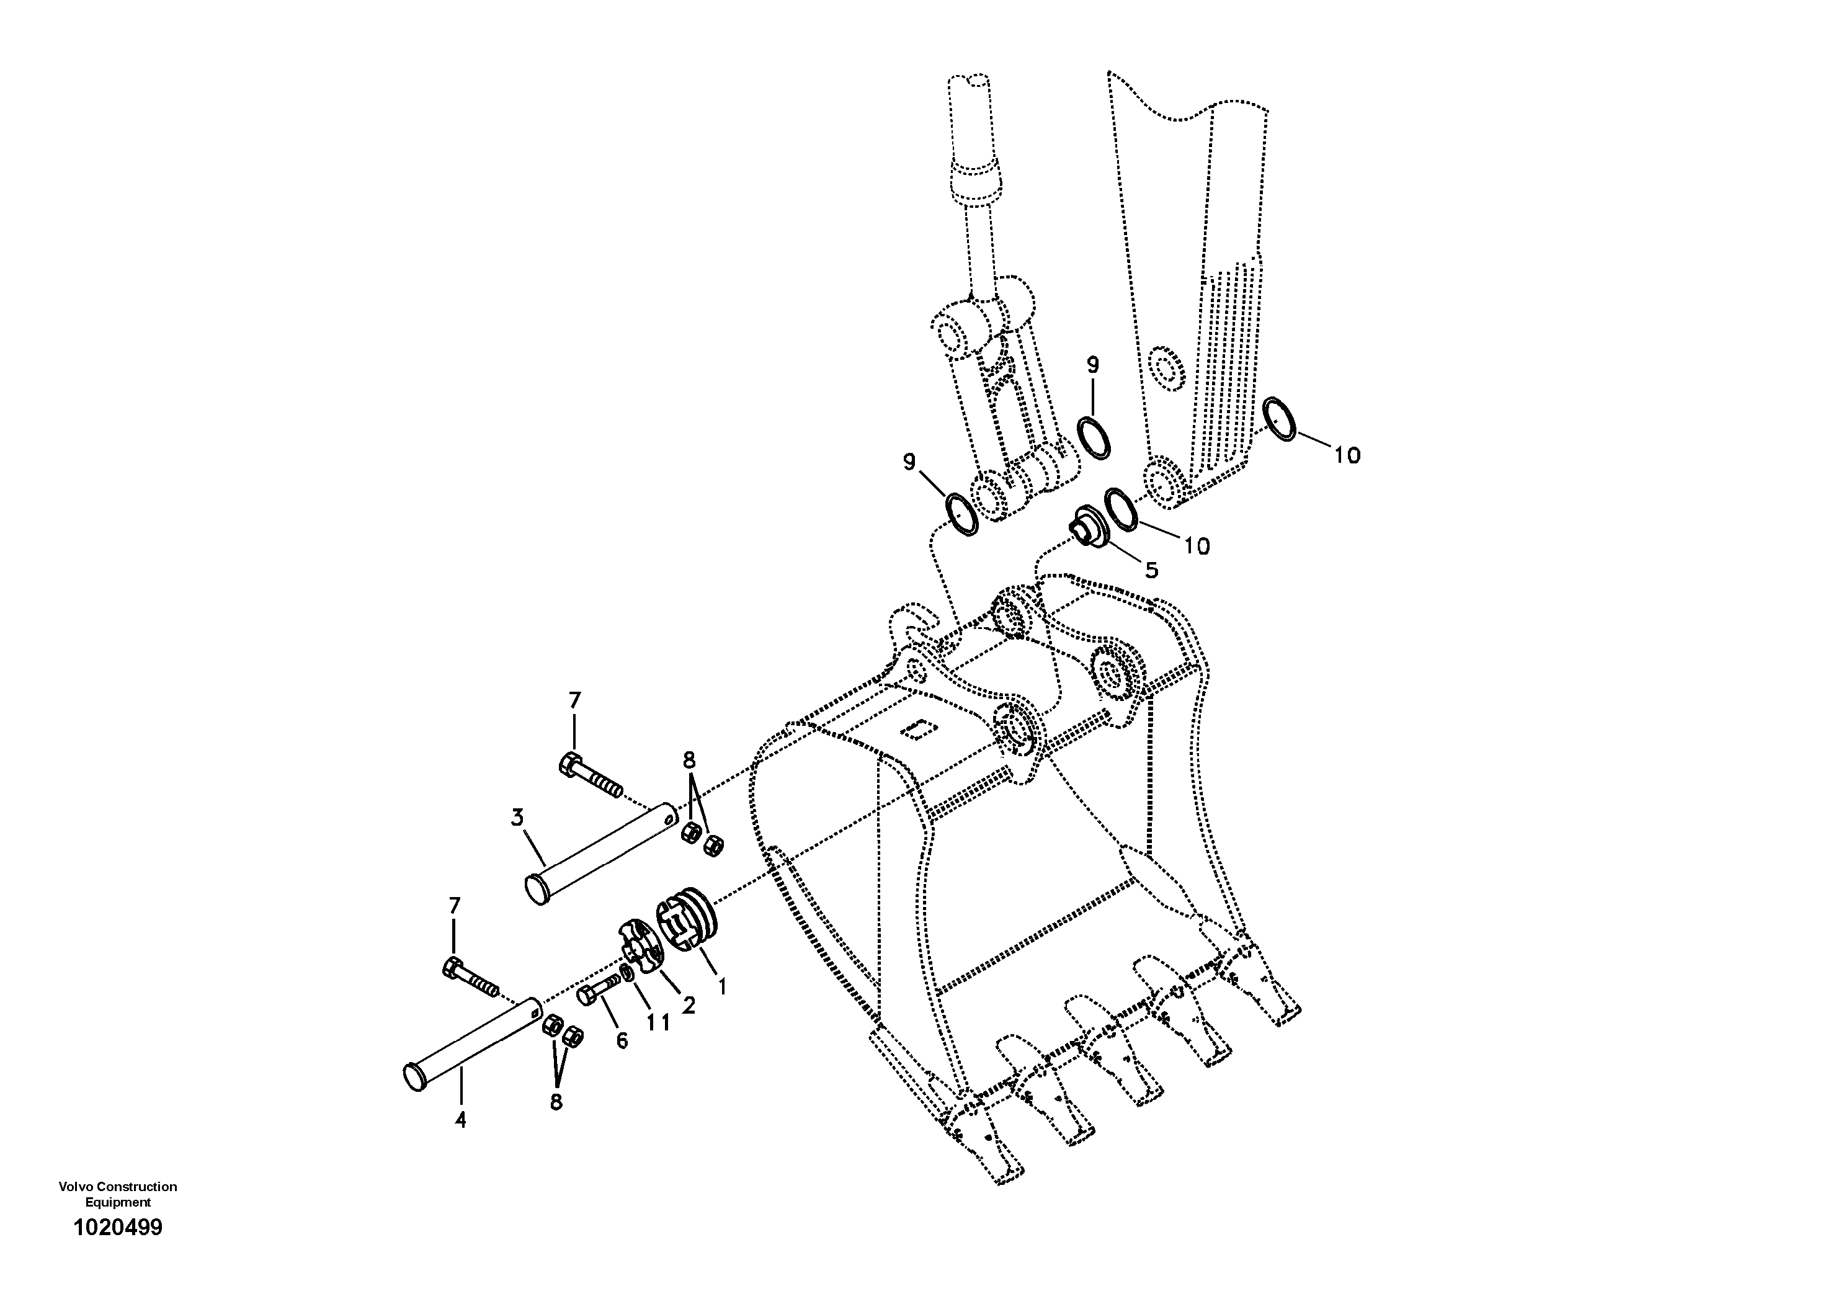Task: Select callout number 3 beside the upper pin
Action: coord(517,818)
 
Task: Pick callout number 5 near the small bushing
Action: coord(1151,569)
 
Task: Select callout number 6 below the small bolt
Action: coord(622,1040)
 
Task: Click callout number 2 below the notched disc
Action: coord(689,1005)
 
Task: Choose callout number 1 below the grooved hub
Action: coord(722,986)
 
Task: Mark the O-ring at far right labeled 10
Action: coord(1278,419)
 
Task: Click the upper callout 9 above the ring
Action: coord(1092,364)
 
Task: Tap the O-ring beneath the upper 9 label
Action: coord(1095,438)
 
